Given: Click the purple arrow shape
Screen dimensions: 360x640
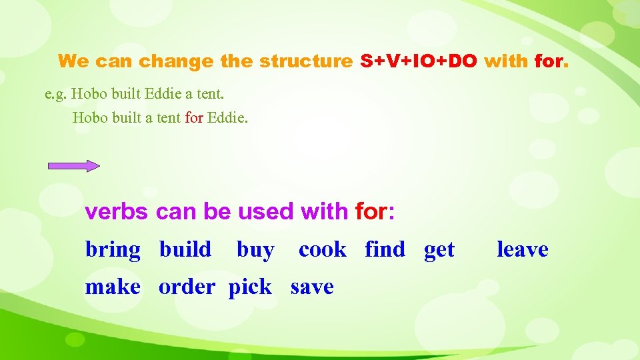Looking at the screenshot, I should tap(74, 166).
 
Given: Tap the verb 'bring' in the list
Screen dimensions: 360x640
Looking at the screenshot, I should tap(113, 250).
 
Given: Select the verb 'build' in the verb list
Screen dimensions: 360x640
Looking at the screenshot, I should tap(185, 250).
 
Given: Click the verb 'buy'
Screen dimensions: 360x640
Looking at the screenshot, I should tap(255, 251).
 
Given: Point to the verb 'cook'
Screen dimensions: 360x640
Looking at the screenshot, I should tap(323, 250).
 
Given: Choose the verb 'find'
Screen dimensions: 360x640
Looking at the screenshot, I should tap(385, 250).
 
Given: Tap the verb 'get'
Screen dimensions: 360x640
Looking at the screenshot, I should tap(439, 251).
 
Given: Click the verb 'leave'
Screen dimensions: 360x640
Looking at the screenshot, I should tap(523, 250).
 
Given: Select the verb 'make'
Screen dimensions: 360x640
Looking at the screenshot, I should tap(113, 287).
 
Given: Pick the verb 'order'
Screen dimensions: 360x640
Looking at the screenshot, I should tap(187, 287).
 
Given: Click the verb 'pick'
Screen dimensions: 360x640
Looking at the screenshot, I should tap(250, 288).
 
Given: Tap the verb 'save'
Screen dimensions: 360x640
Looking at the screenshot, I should tap(312, 287).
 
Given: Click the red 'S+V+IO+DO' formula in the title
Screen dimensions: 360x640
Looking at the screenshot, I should tap(419, 62).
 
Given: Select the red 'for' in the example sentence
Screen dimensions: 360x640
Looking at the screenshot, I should tap(194, 119).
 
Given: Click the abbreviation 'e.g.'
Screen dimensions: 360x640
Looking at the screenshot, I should tap(55, 93).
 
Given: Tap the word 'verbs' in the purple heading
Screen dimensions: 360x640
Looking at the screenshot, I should tap(117, 212).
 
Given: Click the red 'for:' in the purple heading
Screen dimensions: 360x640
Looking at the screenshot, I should tap(375, 212).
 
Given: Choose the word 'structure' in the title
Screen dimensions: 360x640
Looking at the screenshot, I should tap(305, 62).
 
